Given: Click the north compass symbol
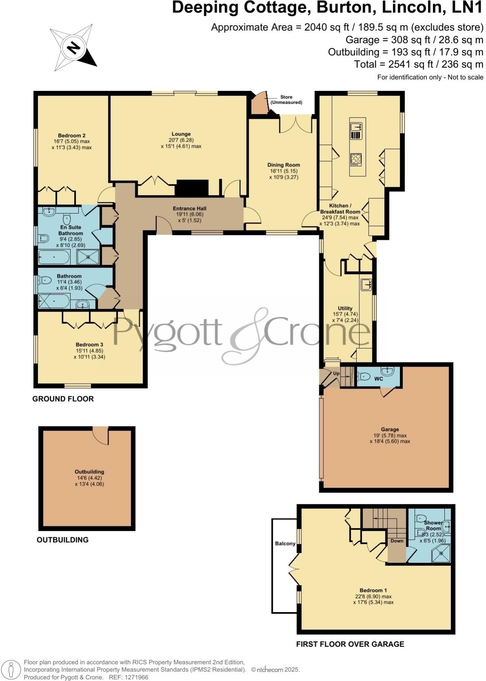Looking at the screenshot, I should pos(73,48).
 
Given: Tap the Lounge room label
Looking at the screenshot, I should pos(181,134).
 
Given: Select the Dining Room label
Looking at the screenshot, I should pos(284,165).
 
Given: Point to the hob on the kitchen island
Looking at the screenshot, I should pos(356,159).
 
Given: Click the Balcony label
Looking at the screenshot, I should pos(285,543).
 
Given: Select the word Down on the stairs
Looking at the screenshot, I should pos(397,541).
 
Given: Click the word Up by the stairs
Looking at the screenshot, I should pos(336,373).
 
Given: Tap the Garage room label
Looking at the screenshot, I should pos(390,429).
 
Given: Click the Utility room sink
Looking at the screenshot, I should pos(366,284).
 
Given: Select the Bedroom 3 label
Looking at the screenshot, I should pos(89,345).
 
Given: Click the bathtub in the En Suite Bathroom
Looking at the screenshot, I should pos(54,258).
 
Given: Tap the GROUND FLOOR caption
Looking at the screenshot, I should pos(63,399).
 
